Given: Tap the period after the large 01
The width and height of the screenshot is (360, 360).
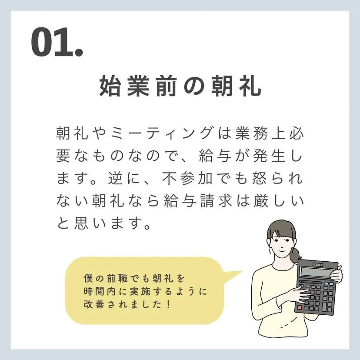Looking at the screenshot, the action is (79, 52).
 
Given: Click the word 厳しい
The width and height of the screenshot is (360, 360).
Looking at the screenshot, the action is (279, 200).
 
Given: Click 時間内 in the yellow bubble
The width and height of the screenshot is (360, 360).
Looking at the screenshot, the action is (100, 292).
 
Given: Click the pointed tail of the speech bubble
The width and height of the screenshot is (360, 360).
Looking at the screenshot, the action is (243, 271).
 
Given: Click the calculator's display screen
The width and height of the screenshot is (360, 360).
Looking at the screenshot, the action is (316, 273).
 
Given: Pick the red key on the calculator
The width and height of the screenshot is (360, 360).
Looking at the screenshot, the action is (300, 307).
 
